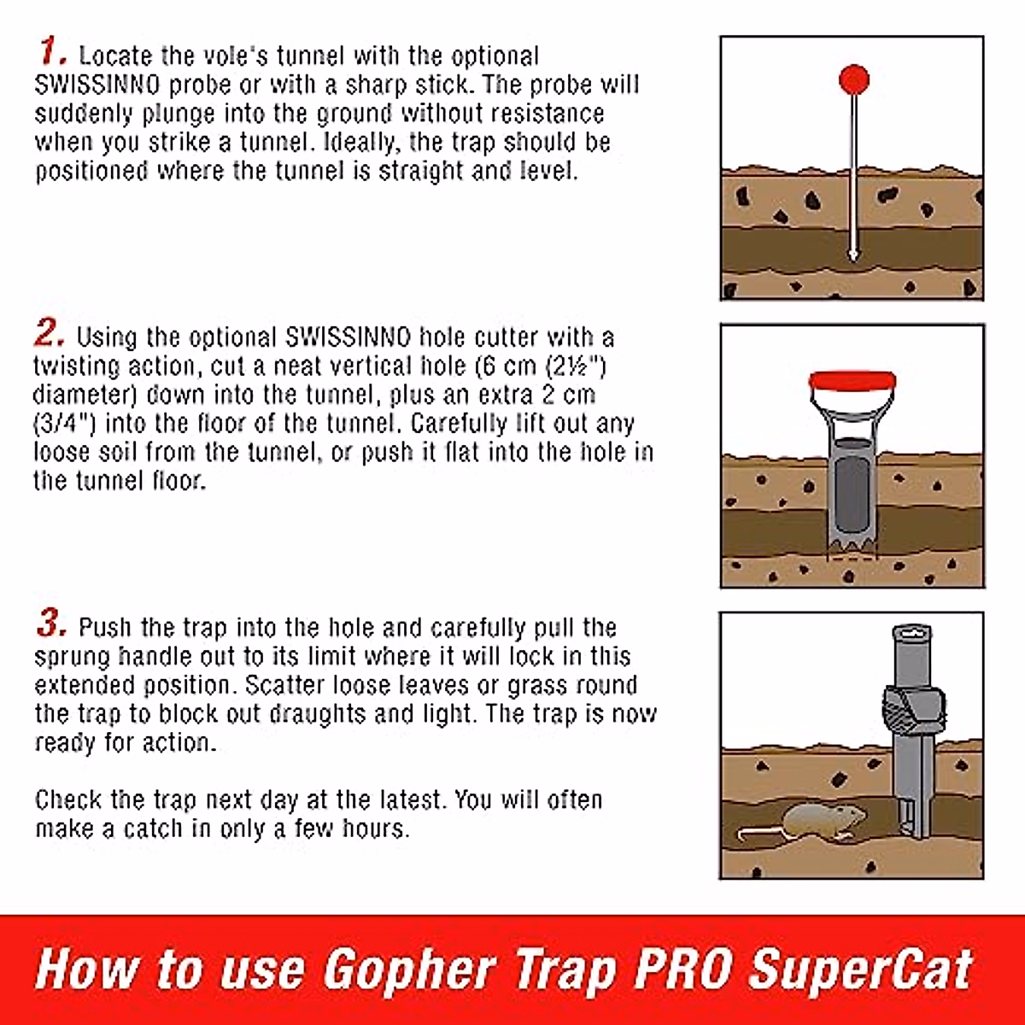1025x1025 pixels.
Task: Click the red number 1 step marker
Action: pyautogui.click(x=51, y=52)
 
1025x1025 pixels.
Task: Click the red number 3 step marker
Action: pyautogui.click(x=51, y=624)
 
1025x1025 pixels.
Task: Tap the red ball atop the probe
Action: pyautogui.click(x=853, y=80)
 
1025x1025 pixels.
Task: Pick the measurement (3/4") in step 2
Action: pyautogui.click(x=65, y=424)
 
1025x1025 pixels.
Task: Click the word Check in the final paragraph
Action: pyautogui.click(x=69, y=800)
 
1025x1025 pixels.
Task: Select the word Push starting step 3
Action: pyautogui.click(x=107, y=628)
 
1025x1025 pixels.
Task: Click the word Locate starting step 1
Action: pyautogui.click(x=115, y=56)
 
